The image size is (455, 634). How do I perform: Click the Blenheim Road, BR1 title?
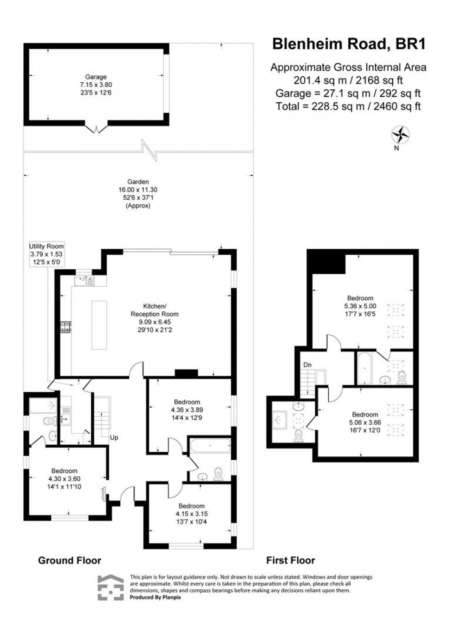(348, 44)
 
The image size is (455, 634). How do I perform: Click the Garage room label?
(96, 77)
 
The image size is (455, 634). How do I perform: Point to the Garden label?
(138, 182)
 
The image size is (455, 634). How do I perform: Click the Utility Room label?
(46, 246)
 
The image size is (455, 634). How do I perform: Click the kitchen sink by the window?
(84, 280)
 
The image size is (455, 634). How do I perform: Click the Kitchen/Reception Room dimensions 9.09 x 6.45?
(154, 322)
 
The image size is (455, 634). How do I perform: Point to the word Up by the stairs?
(114, 437)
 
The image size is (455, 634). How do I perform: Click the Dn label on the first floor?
(307, 365)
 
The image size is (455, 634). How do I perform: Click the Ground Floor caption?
(70, 560)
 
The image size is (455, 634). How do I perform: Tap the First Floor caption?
(290, 560)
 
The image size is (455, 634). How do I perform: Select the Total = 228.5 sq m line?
(348, 106)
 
